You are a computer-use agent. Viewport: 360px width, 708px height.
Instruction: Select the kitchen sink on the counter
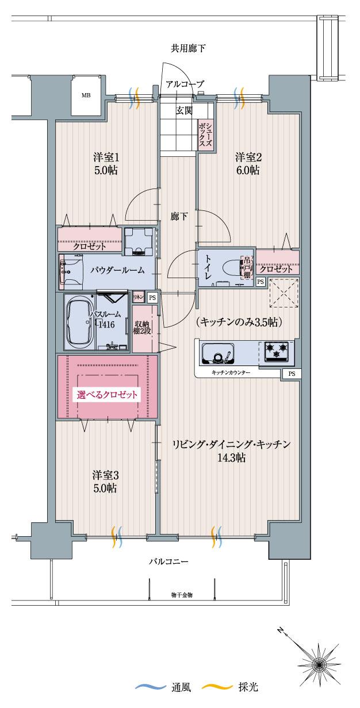click(217, 353)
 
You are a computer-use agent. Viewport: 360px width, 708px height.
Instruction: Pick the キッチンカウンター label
click(231, 374)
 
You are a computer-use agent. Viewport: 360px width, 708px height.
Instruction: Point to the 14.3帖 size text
click(232, 458)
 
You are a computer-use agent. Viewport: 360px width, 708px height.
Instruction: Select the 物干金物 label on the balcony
click(182, 594)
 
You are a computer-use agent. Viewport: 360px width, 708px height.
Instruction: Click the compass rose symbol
click(317, 665)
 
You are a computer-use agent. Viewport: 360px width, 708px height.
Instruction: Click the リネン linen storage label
click(138, 298)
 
